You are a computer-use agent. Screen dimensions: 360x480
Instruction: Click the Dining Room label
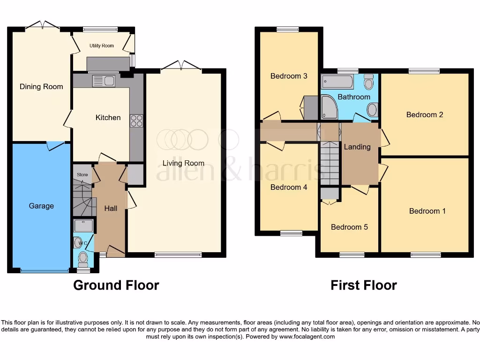41,87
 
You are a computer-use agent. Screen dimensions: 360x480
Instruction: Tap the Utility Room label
102,46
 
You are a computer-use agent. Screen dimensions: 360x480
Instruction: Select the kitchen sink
104,81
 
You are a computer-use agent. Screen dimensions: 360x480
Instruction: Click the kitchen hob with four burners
136,120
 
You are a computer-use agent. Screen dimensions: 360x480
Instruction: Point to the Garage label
41,206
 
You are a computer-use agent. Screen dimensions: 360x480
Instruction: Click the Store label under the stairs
82,175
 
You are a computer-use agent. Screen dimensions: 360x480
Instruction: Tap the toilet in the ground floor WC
83,259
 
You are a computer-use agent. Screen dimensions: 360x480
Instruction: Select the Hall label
111,208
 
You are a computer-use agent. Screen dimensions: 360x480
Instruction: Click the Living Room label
183,163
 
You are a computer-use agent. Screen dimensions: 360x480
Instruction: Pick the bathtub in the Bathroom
337,82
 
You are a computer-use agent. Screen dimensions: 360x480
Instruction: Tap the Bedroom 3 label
289,76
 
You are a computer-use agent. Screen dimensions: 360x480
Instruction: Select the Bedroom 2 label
425,115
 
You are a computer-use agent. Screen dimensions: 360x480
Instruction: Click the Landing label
357,147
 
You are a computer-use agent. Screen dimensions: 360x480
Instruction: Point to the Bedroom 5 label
349,227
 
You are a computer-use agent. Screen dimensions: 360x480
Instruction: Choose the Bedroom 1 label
427,211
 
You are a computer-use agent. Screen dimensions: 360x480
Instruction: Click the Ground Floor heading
116,285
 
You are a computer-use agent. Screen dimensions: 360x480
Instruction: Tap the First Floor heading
364,285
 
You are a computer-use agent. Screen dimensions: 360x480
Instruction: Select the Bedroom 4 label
289,187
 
